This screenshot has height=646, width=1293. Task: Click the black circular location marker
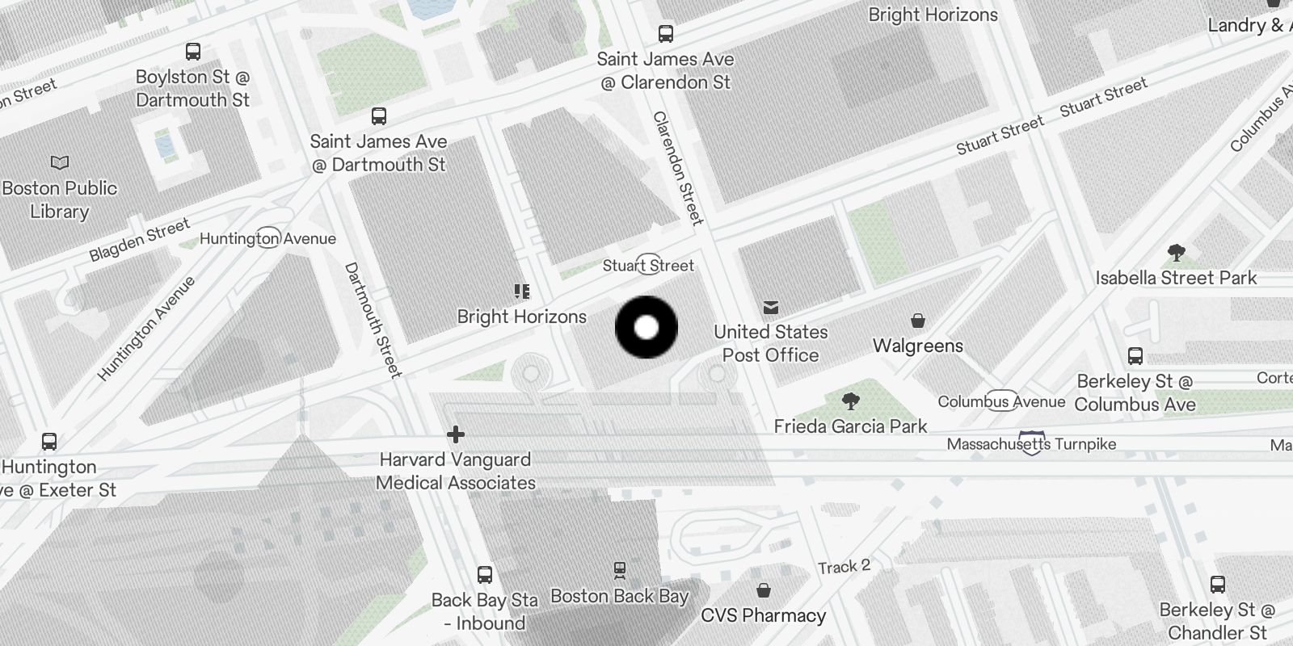pyautogui.click(x=646, y=327)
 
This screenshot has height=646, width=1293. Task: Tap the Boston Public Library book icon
pyautogui.click(x=60, y=163)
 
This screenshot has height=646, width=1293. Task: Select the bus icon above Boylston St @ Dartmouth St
pyautogui.click(x=193, y=52)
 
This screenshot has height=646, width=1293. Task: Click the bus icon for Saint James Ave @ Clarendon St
pyautogui.click(x=666, y=34)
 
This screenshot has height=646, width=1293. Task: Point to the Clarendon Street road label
pyautogui.click(x=678, y=168)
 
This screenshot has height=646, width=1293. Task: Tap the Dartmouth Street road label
pyautogui.click(x=373, y=320)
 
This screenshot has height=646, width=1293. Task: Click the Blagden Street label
pyautogui.click(x=139, y=240)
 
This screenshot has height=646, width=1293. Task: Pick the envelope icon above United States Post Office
pyautogui.click(x=771, y=308)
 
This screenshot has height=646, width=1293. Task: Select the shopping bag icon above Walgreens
pyautogui.click(x=918, y=321)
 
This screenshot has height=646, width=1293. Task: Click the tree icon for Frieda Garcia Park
pyautogui.click(x=850, y=401)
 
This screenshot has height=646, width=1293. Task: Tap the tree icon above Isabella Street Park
pyautogui.click(x=1177, y=254)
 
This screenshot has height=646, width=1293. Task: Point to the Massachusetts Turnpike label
pyautogui.click(x=1031, y=444)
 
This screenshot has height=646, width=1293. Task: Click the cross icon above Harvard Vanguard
pyautogui.click(x=456, y=435)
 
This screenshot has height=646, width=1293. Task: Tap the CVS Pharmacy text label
pyautogui.click(x=764, y=615)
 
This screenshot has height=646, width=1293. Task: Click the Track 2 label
pyautogui.click(x=844, y=567)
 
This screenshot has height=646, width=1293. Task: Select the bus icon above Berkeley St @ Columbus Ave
pyautogui.click(x=1135, y=356)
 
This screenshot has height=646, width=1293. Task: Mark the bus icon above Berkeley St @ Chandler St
pyautogui.click(x=1218, y=585)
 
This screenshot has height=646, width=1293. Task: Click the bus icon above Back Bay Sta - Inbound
pyautogui.click(x=485, y=575)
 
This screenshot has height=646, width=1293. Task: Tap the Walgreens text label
pyautogui.click(x=918, y=346)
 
